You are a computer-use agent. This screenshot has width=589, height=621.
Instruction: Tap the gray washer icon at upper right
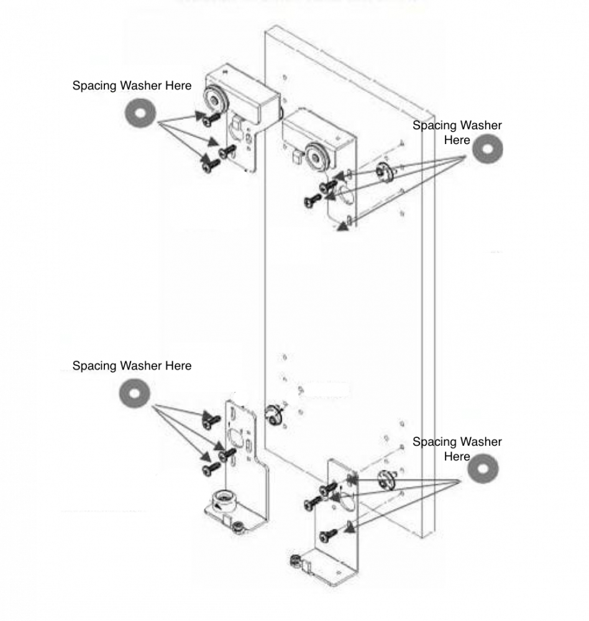pyautogui.click(x=486, y=150)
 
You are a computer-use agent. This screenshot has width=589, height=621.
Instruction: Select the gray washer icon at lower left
pyautogui.click(x=133, y=394)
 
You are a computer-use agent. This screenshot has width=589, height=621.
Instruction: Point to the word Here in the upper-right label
pyautogui.click(x=457, y=140)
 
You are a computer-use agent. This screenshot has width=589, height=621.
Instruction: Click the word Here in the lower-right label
pyautogui.click(x=457, y=457)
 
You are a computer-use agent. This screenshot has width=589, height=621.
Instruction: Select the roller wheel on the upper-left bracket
pyautogui.click(x=217, y=97)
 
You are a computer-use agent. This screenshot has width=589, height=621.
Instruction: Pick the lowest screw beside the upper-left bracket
pyautogui.click(x=209, y=165)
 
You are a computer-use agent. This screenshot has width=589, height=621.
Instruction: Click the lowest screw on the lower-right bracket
pyautogui.click(x=327, y=533)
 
